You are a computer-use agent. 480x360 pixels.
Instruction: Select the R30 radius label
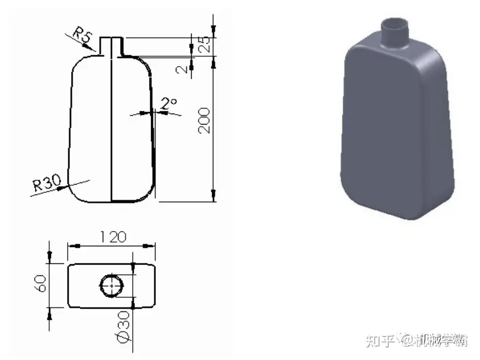[45, 182]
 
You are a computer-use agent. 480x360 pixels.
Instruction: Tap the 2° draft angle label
[169, 103]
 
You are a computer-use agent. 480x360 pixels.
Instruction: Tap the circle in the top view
[112, 285]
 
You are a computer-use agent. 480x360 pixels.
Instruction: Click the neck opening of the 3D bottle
[394, 25]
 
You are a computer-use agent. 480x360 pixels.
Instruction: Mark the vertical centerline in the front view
[111, 126]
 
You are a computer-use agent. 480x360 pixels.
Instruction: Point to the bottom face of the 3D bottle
[399, 208]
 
